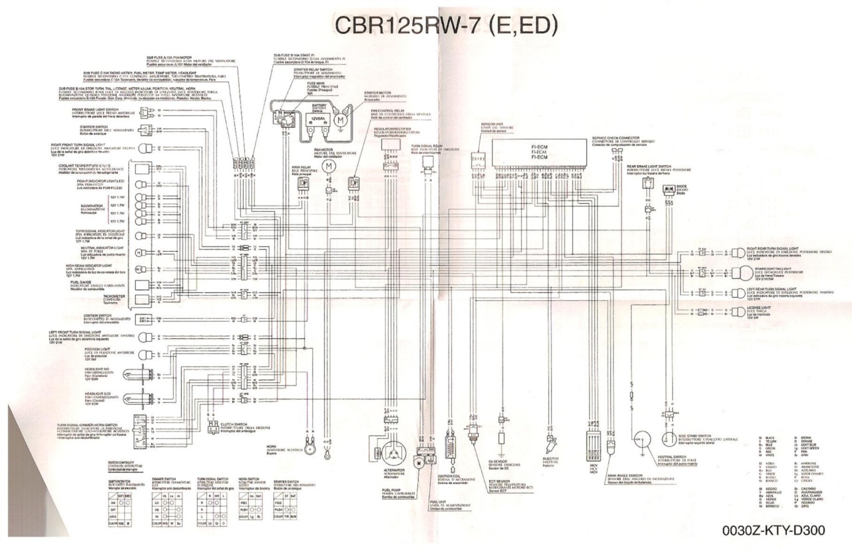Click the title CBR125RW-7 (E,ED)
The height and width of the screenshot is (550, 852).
click(445, 26)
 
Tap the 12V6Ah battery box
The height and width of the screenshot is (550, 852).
click(316, 121)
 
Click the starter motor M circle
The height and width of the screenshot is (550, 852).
click(340, 121)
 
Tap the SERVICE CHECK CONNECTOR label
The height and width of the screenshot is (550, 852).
click(620, 139)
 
